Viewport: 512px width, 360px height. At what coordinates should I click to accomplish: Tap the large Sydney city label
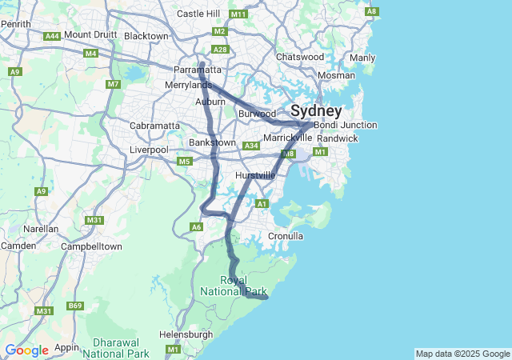316,110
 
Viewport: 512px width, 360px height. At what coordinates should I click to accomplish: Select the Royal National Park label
245,286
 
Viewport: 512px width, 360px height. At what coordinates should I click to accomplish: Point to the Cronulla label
286,237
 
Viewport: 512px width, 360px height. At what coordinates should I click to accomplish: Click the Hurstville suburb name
255,175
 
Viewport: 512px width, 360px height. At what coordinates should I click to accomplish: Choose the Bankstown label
211,143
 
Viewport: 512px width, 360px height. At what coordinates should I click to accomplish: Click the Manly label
362,58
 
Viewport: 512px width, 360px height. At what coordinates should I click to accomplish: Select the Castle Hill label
198,14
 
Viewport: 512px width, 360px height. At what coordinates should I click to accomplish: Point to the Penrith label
15,24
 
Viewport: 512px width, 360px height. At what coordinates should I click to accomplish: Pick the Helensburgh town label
186,334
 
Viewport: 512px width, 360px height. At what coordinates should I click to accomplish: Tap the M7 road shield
113,84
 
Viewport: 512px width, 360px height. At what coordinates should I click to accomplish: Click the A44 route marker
53,36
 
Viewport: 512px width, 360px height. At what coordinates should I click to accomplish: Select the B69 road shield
75,306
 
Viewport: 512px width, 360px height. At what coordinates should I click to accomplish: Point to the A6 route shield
197,227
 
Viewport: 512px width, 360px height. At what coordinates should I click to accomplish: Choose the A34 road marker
251,146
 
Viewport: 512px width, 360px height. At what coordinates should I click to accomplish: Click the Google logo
26,350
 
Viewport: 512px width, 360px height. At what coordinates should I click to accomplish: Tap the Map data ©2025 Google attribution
462,354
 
